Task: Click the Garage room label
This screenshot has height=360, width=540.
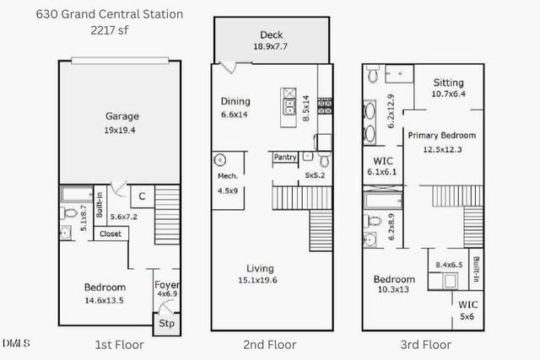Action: (x=122, y=116)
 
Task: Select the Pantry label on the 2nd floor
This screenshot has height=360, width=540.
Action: (x=285, y=157)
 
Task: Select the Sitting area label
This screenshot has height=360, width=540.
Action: (x=448, y=83)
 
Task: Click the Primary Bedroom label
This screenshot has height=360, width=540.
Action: (x=442, y=135)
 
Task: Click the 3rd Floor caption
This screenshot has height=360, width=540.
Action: (x=426, y=344)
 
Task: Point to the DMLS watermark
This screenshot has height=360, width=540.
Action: (x=16, y=343)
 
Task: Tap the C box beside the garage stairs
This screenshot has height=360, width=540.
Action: (x=143, y=196)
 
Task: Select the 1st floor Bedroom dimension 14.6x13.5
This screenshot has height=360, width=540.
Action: (x=105, y=298)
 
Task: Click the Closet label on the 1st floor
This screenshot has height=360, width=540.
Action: (x=111, y=234)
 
